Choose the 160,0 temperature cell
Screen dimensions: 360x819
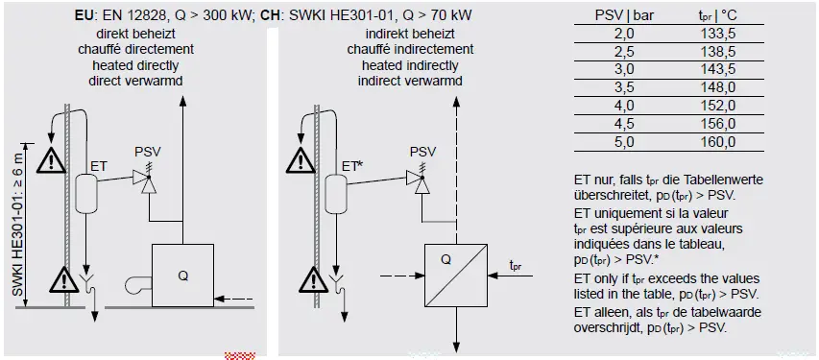click(x=718, y=141)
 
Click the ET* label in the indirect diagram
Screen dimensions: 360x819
click(x=352, y=165)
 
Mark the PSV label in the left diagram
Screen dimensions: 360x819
click(x=148, y=152)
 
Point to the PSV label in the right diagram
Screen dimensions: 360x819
click(x=422, y=152)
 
